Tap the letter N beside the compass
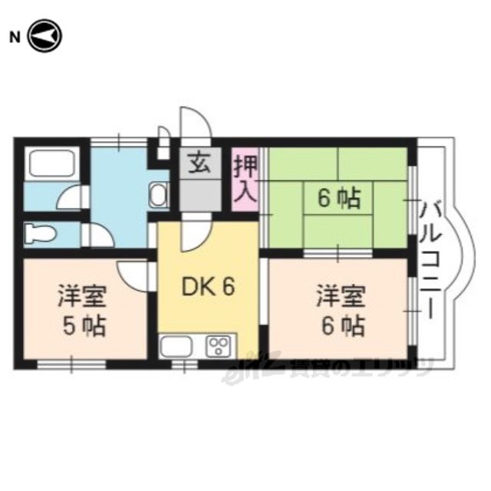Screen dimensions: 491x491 13,36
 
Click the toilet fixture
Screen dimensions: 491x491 38,232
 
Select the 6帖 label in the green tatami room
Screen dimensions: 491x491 338,199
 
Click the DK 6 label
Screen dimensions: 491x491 207,286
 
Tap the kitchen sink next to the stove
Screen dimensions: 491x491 180,346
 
